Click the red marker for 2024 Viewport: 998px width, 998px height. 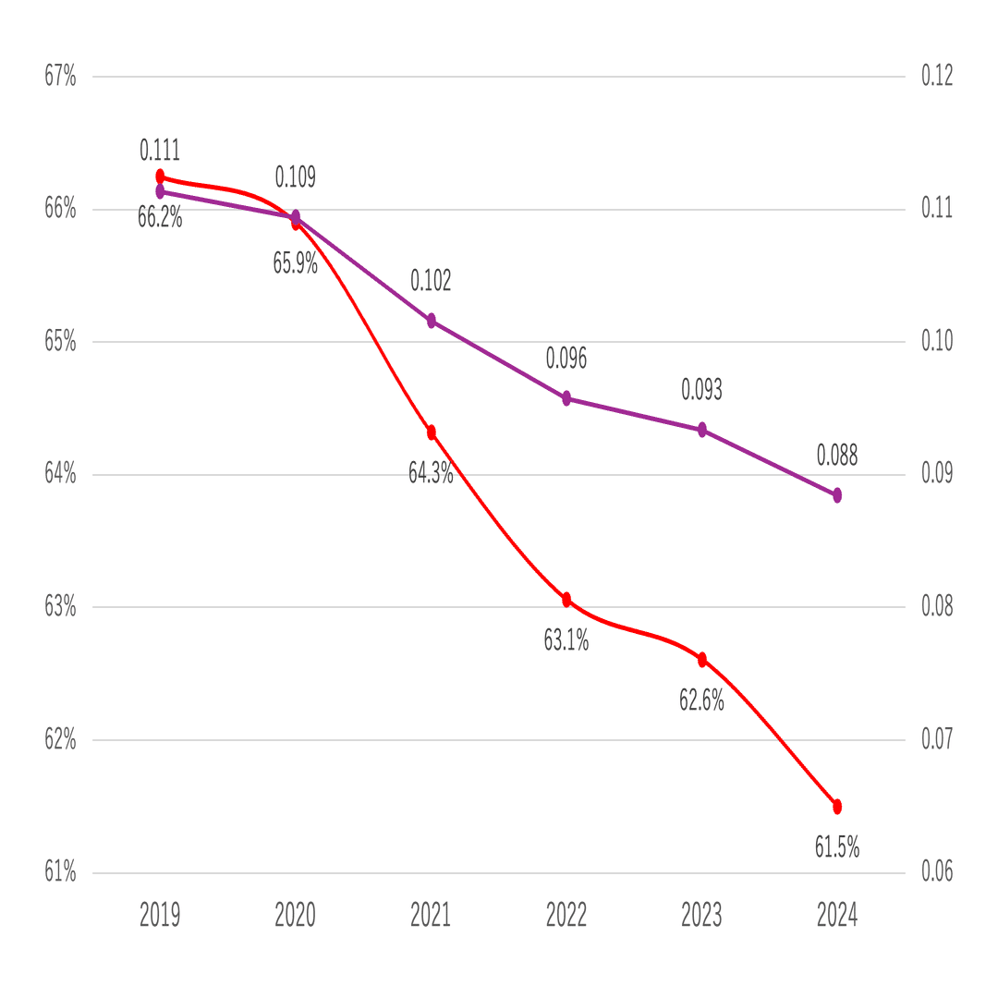click(x=837, y=807)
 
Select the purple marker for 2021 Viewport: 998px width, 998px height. click(x=432, y=321)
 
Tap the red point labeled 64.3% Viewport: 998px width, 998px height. click(x=432, y=432)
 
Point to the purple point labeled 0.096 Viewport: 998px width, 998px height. click(x=566, y=398)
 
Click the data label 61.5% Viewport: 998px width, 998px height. click(x=837, y=846)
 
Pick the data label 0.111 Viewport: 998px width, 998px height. click(x=160, y=150)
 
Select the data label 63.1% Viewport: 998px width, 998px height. click(x=566, y=639)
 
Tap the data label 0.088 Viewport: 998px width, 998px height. click(x=837, y=455)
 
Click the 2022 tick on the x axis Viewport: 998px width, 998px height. click(x=566, y=916)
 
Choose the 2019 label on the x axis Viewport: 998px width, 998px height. click(x=160, y=916)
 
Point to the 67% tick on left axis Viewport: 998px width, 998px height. click(x=60, y=76)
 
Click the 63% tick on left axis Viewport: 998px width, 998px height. click(x=60, y=607)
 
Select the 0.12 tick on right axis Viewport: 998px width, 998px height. click(x=937, y=76)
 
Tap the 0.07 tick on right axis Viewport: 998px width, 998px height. click(x=937, y=739)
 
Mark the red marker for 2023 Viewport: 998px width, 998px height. click(x=702, y=660)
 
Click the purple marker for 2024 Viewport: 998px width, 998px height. click(x=837, y=495)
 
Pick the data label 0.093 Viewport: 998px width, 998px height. click(x=702, y=390)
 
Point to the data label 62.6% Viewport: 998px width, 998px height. click(x=702, y=700)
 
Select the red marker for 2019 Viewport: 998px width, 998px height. click(x=160, y=176)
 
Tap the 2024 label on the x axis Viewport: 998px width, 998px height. click(x=837, y=916)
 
